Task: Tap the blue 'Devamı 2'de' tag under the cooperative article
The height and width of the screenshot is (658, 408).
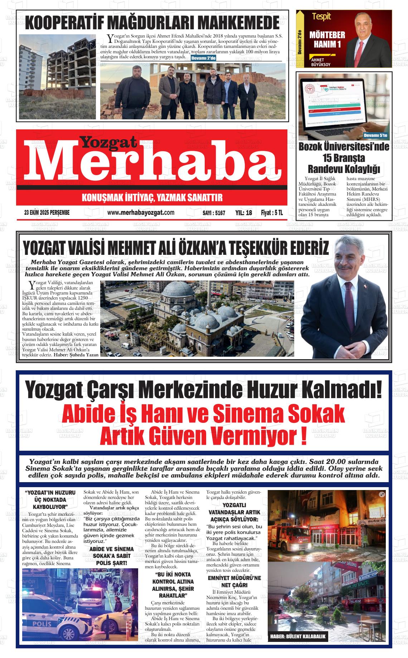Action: [x=203, y=58]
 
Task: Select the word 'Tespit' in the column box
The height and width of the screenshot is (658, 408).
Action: [x=321, y=16]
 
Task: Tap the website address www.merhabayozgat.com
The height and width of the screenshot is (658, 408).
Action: [x=141, y=213]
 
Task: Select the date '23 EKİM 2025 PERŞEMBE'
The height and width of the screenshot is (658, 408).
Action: [x=47, y=213]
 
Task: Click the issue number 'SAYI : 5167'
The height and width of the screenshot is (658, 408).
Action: [x=214, y=213]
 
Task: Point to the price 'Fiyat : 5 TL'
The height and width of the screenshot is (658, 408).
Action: [x=272, y=213]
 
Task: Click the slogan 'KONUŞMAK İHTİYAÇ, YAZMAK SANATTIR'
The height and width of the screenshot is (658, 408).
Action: [x=152, y=197]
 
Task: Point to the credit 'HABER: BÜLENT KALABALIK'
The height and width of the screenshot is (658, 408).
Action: [x=298, y=637]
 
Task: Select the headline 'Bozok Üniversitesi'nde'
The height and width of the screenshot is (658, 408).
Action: [x=344, y=147]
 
